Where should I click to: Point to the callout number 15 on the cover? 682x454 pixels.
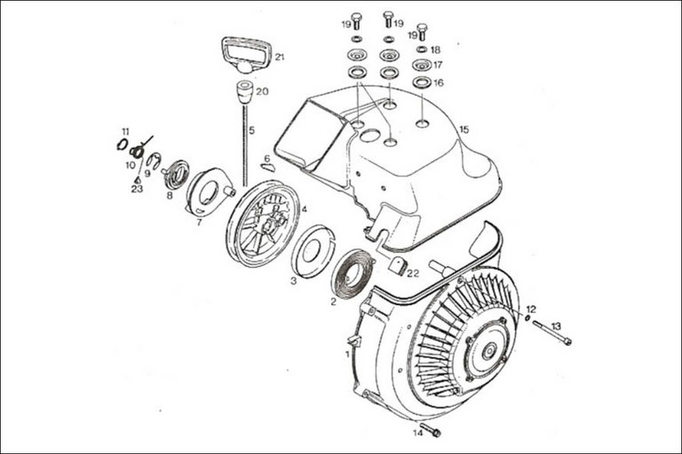pos(463,129)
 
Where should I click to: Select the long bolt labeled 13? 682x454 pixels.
pos(551,333)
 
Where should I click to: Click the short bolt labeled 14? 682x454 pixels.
pos(431,431)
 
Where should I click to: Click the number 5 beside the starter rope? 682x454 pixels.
pos(251,130)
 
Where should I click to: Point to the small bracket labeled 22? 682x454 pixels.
pos(397,265)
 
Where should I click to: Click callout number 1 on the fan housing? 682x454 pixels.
pos(346,354)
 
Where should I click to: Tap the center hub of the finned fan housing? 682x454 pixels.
pos(488,348)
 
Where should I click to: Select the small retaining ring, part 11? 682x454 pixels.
pos(122,144)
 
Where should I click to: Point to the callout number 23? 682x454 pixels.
pos(137,188)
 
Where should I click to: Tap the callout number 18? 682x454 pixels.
pos(435,50)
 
